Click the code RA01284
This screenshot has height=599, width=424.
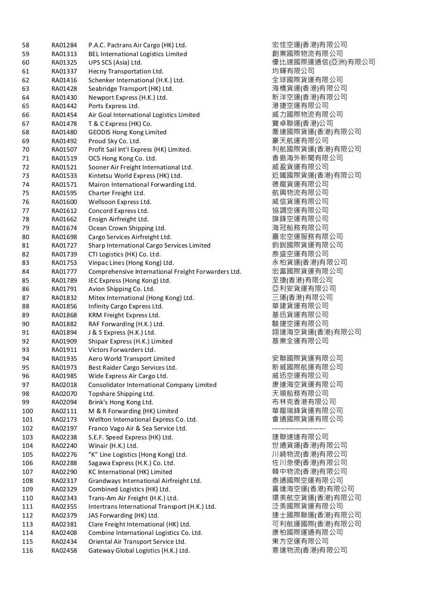coord(64,45)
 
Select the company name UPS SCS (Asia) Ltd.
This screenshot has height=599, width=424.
coord(115,63)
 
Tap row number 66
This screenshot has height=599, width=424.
coord(25,115)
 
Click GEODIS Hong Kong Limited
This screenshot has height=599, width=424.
coord(127,132)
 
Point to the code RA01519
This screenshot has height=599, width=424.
coord(64,159)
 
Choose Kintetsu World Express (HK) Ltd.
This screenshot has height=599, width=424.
coord(135,176)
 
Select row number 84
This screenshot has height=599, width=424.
coord(25,272)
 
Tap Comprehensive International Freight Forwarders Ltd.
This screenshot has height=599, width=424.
coord(165,272)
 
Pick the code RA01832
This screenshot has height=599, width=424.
coord(64,298)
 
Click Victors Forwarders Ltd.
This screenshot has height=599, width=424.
coord(122,350)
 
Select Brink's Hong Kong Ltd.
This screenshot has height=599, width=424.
coord(121,402)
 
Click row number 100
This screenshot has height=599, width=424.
coord(27,411)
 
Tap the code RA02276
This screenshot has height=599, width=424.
coord(64,455)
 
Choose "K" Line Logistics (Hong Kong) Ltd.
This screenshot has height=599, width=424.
coord(138,455)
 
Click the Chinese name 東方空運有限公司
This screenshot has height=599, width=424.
coord(300,541)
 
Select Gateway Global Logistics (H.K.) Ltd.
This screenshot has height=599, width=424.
coord(139,551)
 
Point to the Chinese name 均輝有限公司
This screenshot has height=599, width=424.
coord(293,71)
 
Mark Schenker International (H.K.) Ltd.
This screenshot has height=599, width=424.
coord(136,80)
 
